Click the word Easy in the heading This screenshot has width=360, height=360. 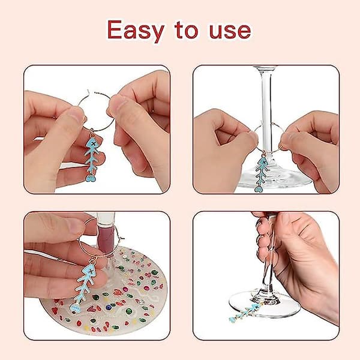click(x=136, y=31)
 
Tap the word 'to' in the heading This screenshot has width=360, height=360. click(x=186, y=30)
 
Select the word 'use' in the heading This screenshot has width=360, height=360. click(x=230, y=31)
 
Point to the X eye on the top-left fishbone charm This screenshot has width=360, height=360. click(x=93, y=145)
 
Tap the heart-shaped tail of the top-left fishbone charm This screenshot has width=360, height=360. click(x=90, y=177)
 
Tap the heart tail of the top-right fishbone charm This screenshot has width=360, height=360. click(x=259, y=189)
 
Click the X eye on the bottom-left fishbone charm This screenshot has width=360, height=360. click(x=91, y=272)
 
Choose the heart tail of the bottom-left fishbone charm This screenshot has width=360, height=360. click(x=74, y=308)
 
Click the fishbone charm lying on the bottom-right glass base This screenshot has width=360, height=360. click(x=245, y=313)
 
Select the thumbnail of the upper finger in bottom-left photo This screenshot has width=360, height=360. click(x=74, y=226)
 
